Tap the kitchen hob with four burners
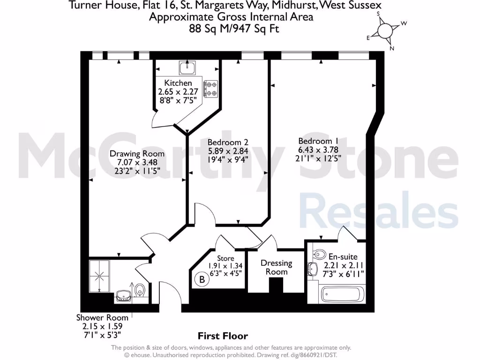(210, 89)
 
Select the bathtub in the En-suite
(340, 295)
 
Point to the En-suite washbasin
(312, 270)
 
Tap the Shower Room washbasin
(124, 295)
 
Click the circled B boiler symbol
(202, 280)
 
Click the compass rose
(385, 31)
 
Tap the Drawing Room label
(137, 154)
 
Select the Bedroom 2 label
(228, 142)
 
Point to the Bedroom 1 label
(318, 141)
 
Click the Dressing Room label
(277, 267)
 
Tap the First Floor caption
(223, 336)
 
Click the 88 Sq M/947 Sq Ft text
(231, 28)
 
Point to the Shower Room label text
(103, 317)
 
